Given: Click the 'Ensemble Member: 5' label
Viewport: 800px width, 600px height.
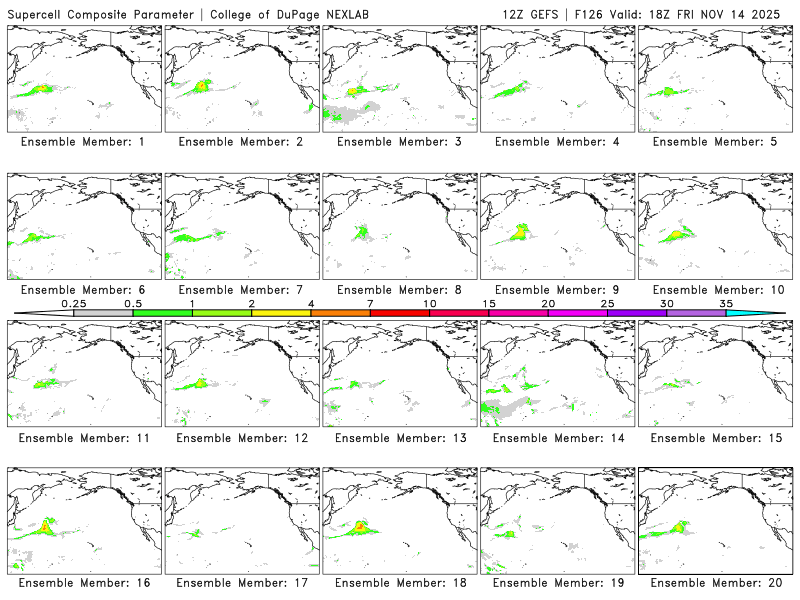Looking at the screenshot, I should tap(715, 142).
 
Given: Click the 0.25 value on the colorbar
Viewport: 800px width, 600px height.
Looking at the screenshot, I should tap(73, 303).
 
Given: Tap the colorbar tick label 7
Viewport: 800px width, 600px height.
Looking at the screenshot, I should tap(370, 303).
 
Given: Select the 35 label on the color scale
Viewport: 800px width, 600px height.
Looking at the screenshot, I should tap(726, 303).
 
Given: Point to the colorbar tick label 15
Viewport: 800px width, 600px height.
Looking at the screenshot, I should tap(489, 303).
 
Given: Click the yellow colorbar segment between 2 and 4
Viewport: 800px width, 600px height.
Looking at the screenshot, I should tap(281, 313).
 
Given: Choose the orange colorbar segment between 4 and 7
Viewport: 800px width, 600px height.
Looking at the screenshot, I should tap(340, 313).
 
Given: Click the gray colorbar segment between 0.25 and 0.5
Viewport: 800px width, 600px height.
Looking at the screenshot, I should tap(103, 313).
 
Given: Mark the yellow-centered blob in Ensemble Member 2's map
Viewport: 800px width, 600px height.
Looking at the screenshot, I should tap(202, 86).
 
